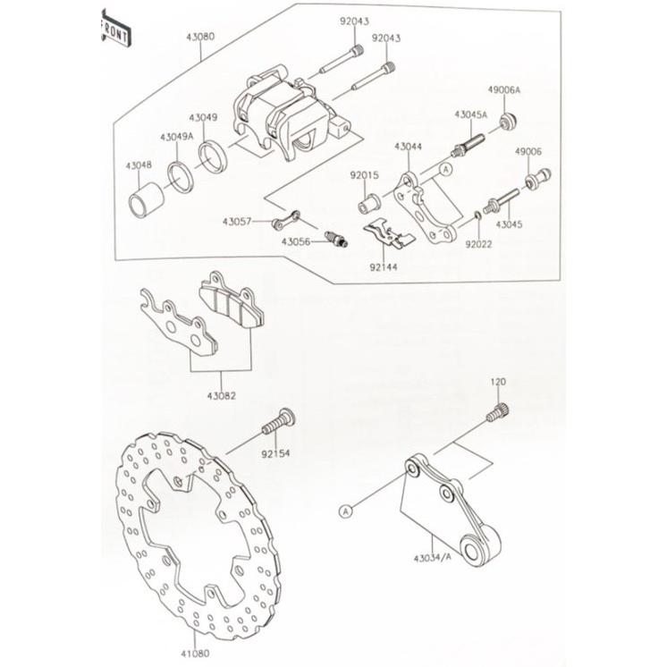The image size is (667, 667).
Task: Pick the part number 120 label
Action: pyautogui.click(x=498, y=382)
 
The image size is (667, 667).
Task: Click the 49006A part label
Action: pyautogui.click(x=504, y=90)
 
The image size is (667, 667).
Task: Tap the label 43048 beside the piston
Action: pyautogui.click(x=139, y=165)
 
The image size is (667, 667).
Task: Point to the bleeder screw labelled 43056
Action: pyautogui.click(x=337, y=238)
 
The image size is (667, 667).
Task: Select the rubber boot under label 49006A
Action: pyautogui.click(x=507, y=121)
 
